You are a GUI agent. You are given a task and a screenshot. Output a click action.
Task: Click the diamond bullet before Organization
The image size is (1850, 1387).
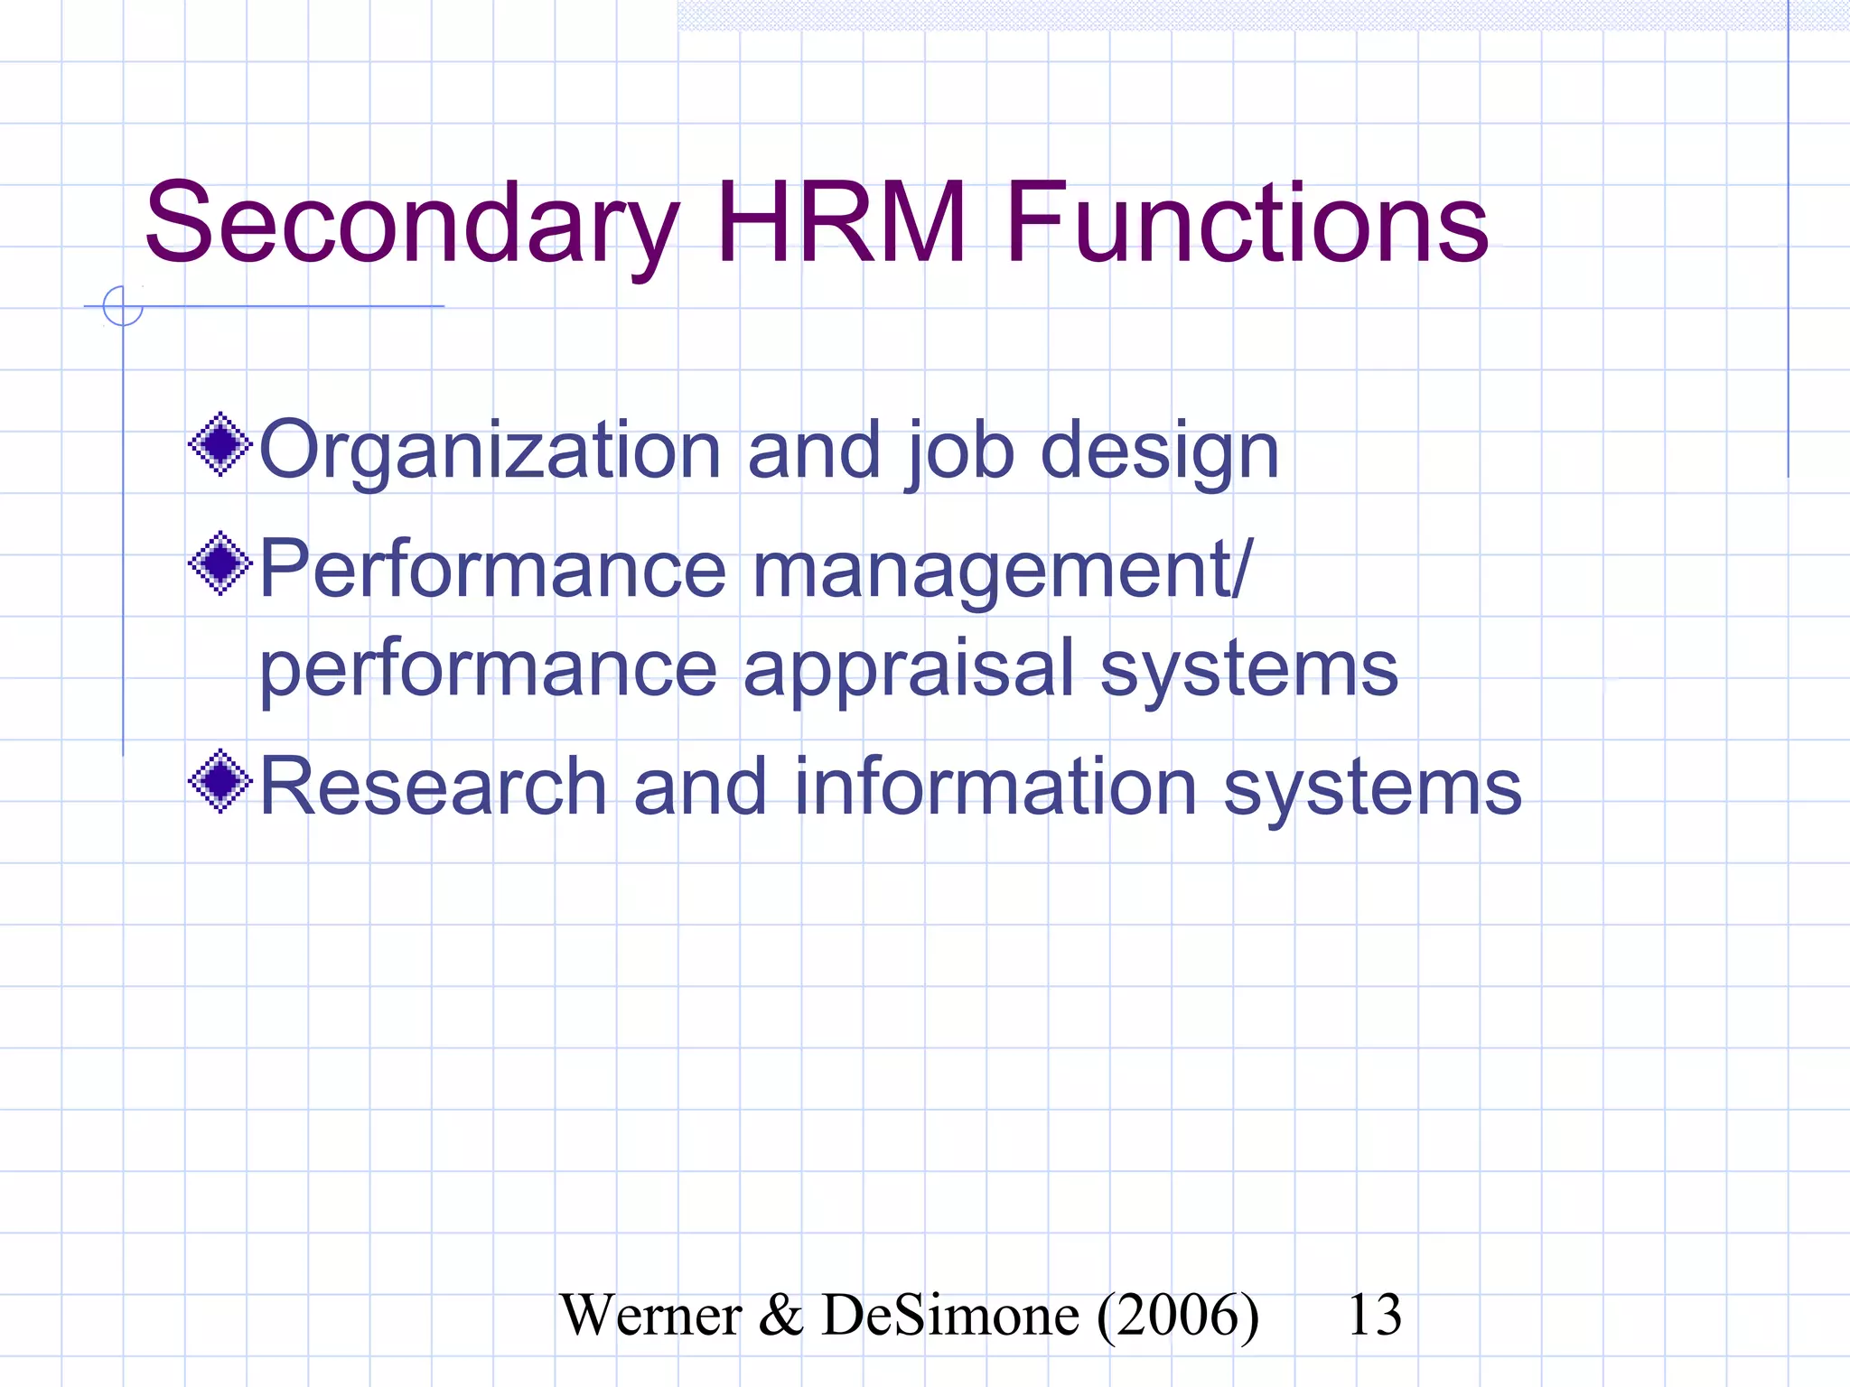click(x=220, y=444)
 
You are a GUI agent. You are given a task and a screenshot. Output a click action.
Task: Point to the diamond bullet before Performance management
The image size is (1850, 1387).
click(x=220, y=564)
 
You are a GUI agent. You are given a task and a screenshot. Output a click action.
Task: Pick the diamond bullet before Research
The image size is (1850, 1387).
click(x=220, y=781)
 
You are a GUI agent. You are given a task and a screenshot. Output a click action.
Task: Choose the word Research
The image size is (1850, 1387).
click(x=433, y=787)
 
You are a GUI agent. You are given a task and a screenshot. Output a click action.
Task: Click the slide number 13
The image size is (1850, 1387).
click(x=1374, y=1315)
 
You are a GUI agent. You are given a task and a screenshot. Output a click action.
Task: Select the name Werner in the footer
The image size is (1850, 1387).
click(x=650, y=1315)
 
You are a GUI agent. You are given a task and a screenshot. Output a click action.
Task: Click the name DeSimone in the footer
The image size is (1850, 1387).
click(x=950, y=1315)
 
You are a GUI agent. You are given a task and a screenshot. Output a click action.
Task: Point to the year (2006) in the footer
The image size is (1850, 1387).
click(x=1178, y=1315)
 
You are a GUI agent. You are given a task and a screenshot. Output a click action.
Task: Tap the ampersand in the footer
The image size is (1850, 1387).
click(x=780, y=1315)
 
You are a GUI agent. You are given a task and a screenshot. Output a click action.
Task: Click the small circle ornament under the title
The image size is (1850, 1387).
click(x=123, y=306)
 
